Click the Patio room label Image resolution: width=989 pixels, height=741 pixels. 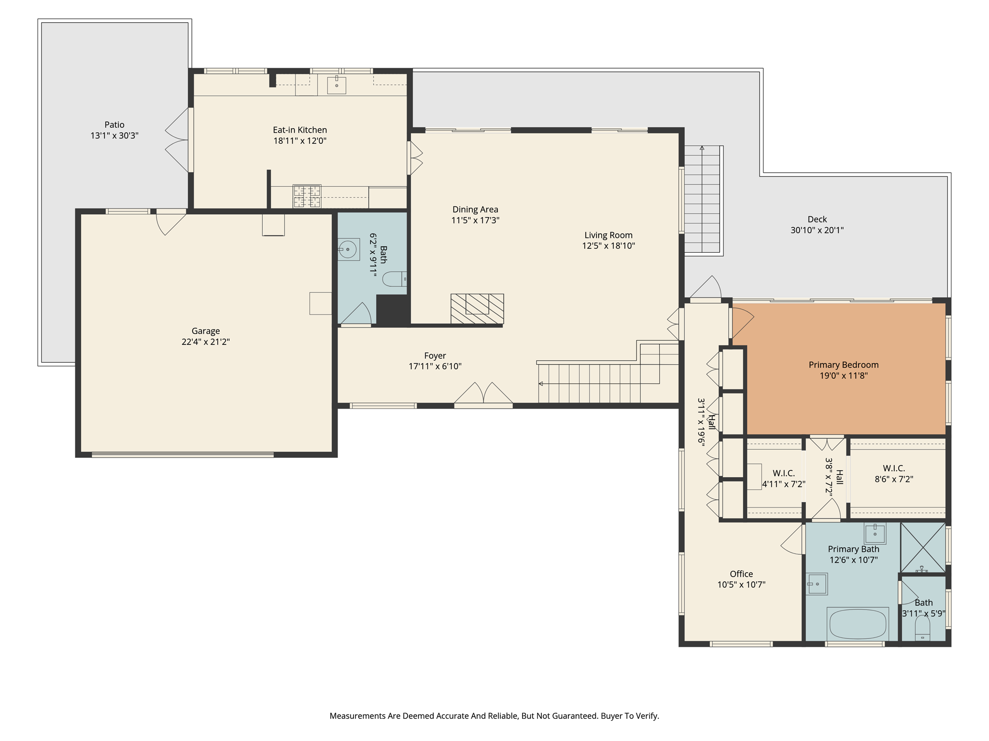tap(114, 125)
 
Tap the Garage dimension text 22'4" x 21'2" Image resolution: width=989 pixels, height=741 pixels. tap(206, 342)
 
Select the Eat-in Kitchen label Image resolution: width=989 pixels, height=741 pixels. tap(300, 130)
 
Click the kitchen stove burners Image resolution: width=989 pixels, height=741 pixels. tap(307, 196)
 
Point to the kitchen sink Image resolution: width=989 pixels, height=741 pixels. tap(337, 85)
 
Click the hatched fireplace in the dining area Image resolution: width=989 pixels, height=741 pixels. tap(477, 309)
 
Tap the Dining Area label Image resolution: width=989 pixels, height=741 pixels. tap(475, 209)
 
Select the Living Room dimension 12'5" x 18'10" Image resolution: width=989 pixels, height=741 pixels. tap(608, 246)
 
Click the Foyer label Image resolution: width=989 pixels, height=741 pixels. tap(435, 356)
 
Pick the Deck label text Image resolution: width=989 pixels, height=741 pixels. tap(817, 220)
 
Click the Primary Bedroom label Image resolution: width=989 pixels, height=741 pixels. tap(844, 365)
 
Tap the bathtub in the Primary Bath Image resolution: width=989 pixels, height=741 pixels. tap(858, 623)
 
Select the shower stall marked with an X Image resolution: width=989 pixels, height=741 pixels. tap(923, 548)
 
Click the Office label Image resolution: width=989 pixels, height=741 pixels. tap(741, 574)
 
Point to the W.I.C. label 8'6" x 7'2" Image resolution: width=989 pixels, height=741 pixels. tap(894, 474)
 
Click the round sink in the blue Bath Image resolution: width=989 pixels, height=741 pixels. tap(348, 249)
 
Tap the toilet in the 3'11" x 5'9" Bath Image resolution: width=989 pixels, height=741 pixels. tap(922, 628)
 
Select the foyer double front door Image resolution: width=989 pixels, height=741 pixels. tap(483, 395)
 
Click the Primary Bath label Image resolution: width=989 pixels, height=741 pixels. tap(853, 549)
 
